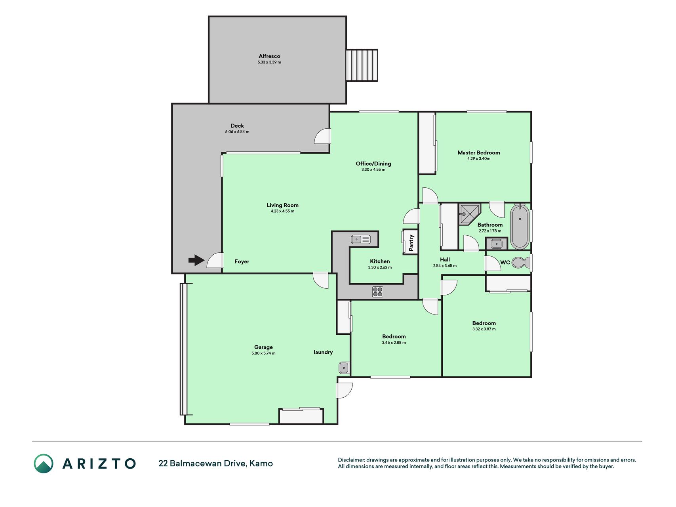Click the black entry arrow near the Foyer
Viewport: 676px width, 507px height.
[x=196, y=260]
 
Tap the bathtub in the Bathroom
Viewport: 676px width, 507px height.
[x=520, y=227]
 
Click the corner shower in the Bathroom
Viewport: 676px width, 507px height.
[x=469, y=214]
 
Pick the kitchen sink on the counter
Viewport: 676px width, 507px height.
[x=361, y=239]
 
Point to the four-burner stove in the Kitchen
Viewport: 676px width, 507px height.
[x=377, y=292]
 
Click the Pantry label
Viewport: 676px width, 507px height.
[x=411, y=242]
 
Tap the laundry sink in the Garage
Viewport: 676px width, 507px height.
[x=344, y=368]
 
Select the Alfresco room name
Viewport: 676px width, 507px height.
[x=269, y=56]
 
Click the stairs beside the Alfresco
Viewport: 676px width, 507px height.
[x=362, y=65]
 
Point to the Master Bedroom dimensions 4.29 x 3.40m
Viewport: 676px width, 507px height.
[x=479, y=159]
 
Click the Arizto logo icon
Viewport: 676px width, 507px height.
[x=44, y=463]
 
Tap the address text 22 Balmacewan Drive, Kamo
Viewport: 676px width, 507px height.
[x=215, y=463]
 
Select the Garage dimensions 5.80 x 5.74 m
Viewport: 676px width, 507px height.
[x=263, y=353]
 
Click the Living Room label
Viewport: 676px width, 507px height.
[x=282, y=205]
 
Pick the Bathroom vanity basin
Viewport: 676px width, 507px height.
[x=496, y=244]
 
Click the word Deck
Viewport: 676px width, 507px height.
[x=237, y=126]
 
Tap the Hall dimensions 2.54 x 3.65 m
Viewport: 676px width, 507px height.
[x=445, y=266]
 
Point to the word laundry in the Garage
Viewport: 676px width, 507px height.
[x=323, y=352]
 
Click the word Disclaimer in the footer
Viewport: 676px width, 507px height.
[x=351, y=460]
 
